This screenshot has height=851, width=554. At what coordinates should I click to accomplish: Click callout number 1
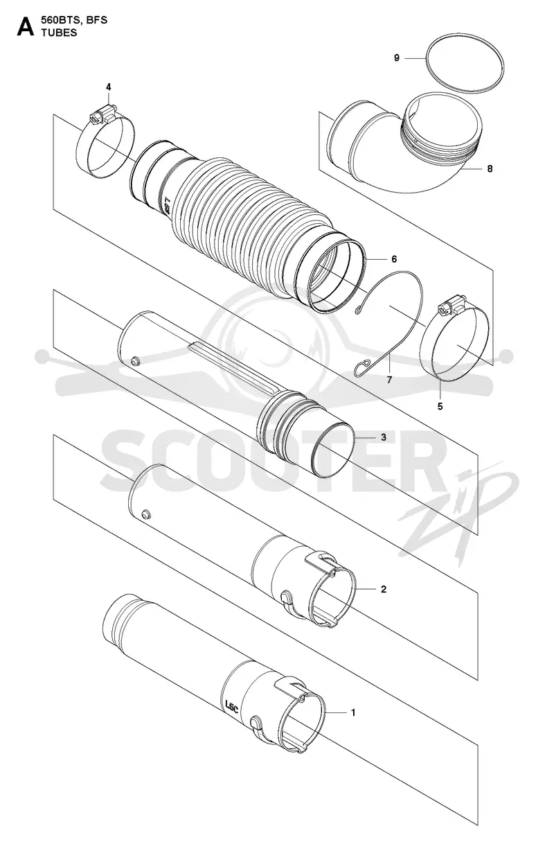coord(352,712)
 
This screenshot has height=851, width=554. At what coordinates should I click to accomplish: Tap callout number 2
coord(383,589)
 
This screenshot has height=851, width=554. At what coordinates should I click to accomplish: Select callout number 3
coord(384,437)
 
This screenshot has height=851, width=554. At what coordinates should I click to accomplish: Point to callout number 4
coord(109,87)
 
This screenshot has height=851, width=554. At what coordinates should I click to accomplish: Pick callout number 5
coord(440,407)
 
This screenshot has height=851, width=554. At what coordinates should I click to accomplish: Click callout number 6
coord(394,259)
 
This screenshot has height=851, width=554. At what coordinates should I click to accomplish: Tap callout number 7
coord(389,380)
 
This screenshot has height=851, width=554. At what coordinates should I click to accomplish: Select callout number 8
coord(490,168)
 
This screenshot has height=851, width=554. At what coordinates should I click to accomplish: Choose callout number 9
coord(396,58)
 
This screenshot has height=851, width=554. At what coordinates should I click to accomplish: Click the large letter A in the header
coord(26,27)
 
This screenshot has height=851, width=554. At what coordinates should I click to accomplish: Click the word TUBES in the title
coord(60,33)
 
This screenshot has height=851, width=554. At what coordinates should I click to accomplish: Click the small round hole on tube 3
coord(136,360)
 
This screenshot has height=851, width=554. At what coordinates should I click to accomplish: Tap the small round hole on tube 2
coord(145,514)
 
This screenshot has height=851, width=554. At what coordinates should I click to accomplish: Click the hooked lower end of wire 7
coord(362,367)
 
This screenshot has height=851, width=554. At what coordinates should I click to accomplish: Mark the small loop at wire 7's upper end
coord(359,311)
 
